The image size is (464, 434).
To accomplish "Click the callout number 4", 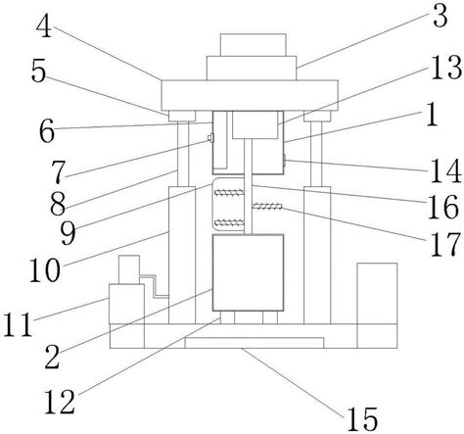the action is coord(44,26).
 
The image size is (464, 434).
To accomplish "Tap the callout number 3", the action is coord(441,16).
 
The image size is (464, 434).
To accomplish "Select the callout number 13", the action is coord(446,68).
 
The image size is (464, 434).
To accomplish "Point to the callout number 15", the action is coord(362,419).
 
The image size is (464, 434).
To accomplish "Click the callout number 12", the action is coord(60,403).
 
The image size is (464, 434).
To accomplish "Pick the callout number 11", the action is coord(19,324).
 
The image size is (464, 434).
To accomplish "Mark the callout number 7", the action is coord(59,171).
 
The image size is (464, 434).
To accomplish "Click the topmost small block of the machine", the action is coord(254,45).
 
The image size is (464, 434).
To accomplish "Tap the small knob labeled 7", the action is coord(210,138).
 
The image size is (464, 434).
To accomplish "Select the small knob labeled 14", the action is coord(285,161).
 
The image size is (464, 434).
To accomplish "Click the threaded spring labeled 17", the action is coord(267,206).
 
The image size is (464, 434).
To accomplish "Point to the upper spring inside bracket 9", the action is coord(229,193).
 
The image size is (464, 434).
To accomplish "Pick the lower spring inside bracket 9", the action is coord(229,223).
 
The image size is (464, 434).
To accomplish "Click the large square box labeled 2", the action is coord(248,272).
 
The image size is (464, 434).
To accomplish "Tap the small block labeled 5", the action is coord(182,116).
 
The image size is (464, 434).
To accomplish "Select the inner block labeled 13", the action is coord(255,124).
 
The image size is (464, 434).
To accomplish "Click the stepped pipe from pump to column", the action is coord(154,286).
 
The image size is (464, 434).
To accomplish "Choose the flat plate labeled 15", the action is coord(255,343).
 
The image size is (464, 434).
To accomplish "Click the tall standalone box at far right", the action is coord(377,306).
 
